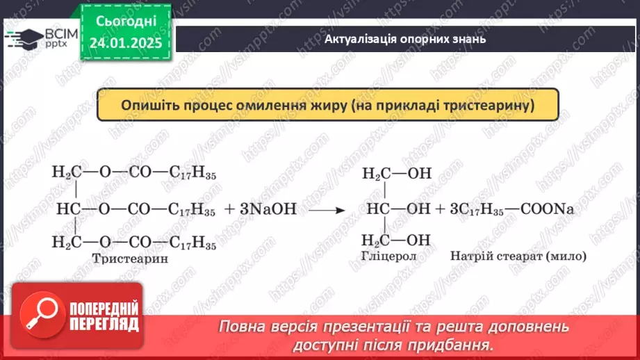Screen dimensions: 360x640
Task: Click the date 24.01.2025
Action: tap(126, 43)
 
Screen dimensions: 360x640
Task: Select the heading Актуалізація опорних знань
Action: tap(405, 39)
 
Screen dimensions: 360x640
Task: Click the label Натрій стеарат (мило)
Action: tap(518, 256)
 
